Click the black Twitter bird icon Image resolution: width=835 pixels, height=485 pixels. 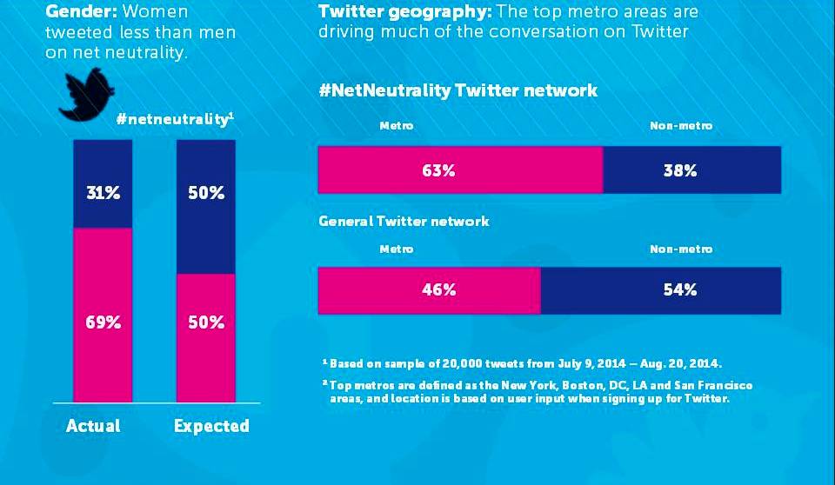point(87,95)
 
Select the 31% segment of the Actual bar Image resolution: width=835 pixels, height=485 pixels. point(103,183)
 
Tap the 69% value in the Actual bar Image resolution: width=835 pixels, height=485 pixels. point(103,322)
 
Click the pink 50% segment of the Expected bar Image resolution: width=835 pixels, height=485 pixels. point(205,338)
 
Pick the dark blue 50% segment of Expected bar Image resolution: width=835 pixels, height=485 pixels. point(205,207)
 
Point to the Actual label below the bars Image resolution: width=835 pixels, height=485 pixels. point(93,426)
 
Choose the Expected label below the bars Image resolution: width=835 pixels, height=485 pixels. point(211,427)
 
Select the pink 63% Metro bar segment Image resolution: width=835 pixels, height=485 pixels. point(461,169)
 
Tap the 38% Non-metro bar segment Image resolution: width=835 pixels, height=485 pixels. point(692,169)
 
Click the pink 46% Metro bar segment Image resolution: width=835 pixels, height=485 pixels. point(429,290)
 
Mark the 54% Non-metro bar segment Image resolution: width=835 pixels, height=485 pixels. point(661,290)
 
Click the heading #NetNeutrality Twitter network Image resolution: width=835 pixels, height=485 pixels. point(458,90)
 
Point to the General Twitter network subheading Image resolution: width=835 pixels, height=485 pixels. point(404,221)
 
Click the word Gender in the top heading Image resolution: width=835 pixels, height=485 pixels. point(81,11)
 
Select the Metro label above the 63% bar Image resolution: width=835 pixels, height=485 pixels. point(397,126)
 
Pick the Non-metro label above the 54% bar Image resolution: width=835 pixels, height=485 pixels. point(681,249)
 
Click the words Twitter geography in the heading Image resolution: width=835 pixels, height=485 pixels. point(404,11)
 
